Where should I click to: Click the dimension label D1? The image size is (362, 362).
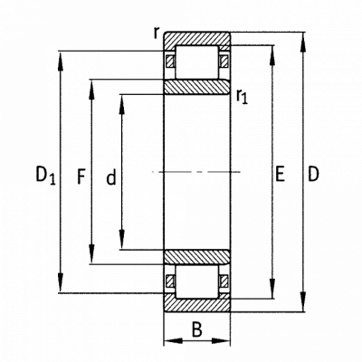coord(46,176)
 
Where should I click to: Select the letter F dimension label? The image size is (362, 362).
coord(81,176)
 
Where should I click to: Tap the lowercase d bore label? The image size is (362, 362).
coord(111,176)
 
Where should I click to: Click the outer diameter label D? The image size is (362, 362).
coord(313,174)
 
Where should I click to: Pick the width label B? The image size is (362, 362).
coord(197,329)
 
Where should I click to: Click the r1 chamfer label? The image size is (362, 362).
coord(242,97)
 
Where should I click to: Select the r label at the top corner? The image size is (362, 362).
coord(156,33)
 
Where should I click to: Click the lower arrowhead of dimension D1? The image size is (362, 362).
coord(61,281)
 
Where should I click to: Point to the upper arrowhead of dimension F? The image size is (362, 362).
coord(91,90)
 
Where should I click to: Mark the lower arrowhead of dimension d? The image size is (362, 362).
coord(121,238)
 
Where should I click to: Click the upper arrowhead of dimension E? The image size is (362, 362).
coord(272,57)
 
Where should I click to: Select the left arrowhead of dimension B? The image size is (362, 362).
coord(175,341)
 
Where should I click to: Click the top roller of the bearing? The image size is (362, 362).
coord(196,62)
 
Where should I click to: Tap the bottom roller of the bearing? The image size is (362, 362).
coord(196,282)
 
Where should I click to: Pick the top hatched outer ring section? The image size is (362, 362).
coord(197,39)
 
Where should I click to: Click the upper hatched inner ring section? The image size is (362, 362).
coord(197,87)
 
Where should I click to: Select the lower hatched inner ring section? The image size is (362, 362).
coord(197,257)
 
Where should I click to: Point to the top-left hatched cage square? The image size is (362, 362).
coord(170,62)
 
